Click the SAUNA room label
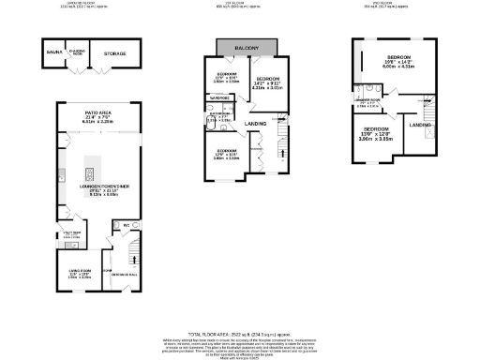pyautogui.click(x=53, y=53)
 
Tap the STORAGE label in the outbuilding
pyautogui.click(x=115, y=54)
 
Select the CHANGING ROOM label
pyautogui.click(x=79, y=52)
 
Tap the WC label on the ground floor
pyautogui.click(x=125, y=225)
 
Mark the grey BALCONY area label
pyautogui.click(x=247, y=48)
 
